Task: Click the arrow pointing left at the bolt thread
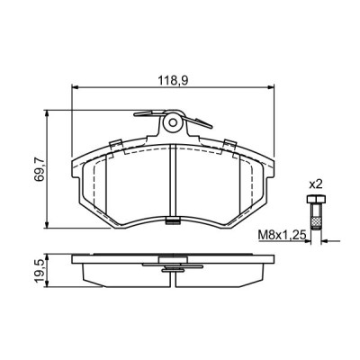pos(326,241)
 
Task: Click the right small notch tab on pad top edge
pos(229,144)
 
